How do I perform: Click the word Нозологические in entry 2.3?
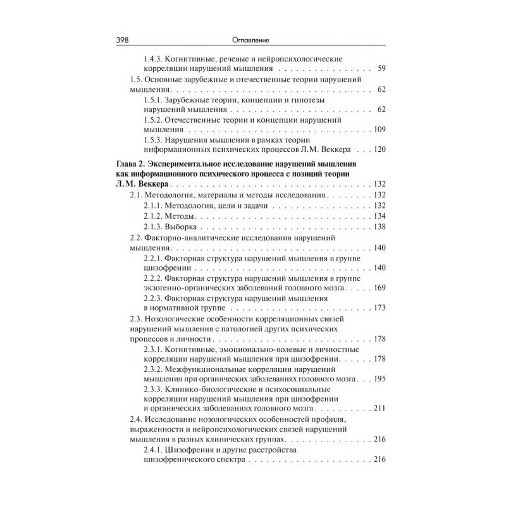click(x=178, y=319)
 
